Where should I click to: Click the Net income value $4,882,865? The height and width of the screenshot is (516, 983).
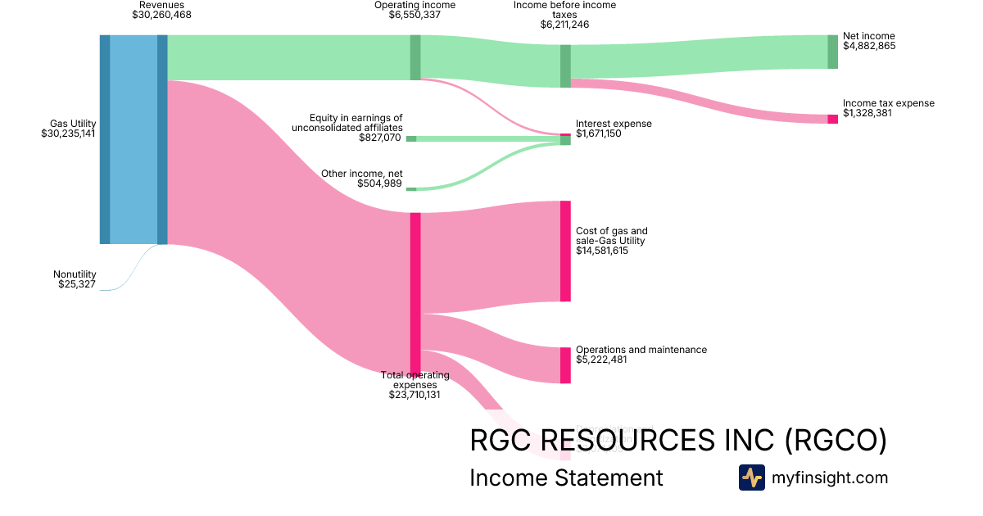point(869,46)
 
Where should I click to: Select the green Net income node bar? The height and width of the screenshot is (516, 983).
point(832,52)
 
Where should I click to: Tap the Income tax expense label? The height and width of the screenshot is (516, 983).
point(888,103)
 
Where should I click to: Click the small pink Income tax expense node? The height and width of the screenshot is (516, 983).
point(832,119)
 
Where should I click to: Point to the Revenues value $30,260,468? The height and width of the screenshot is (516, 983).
point(161,14)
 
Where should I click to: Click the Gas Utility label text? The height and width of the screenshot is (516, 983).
point(73,124)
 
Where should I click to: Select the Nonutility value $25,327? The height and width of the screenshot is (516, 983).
point(77,284)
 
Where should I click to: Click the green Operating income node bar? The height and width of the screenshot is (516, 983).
point(415,57)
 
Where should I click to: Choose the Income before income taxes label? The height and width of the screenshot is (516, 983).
point(564,10)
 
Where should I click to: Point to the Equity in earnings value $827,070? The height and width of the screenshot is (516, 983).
point(380,138)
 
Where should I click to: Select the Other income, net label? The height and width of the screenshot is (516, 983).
point(361,174)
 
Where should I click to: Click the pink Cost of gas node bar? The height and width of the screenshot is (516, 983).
point(565,251)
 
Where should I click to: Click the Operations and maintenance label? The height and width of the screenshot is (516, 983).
point(641,350)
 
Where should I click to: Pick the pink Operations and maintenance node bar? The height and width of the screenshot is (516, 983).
point(565,365)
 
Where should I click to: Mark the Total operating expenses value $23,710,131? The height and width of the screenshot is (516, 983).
point(414,394)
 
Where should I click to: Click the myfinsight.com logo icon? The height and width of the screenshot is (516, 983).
point(751,478)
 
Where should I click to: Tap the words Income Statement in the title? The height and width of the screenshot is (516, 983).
point(566,478)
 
